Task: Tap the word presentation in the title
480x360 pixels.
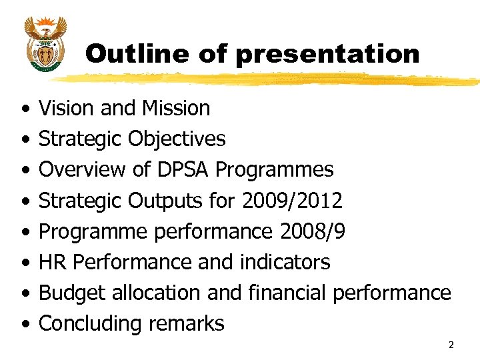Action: point(327,54)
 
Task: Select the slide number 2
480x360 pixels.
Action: point(451,345)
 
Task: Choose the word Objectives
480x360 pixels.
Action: point(177,139)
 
